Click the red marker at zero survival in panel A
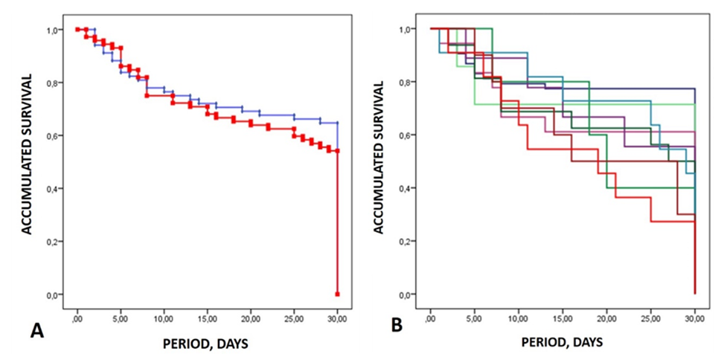(x=338, y=294)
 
